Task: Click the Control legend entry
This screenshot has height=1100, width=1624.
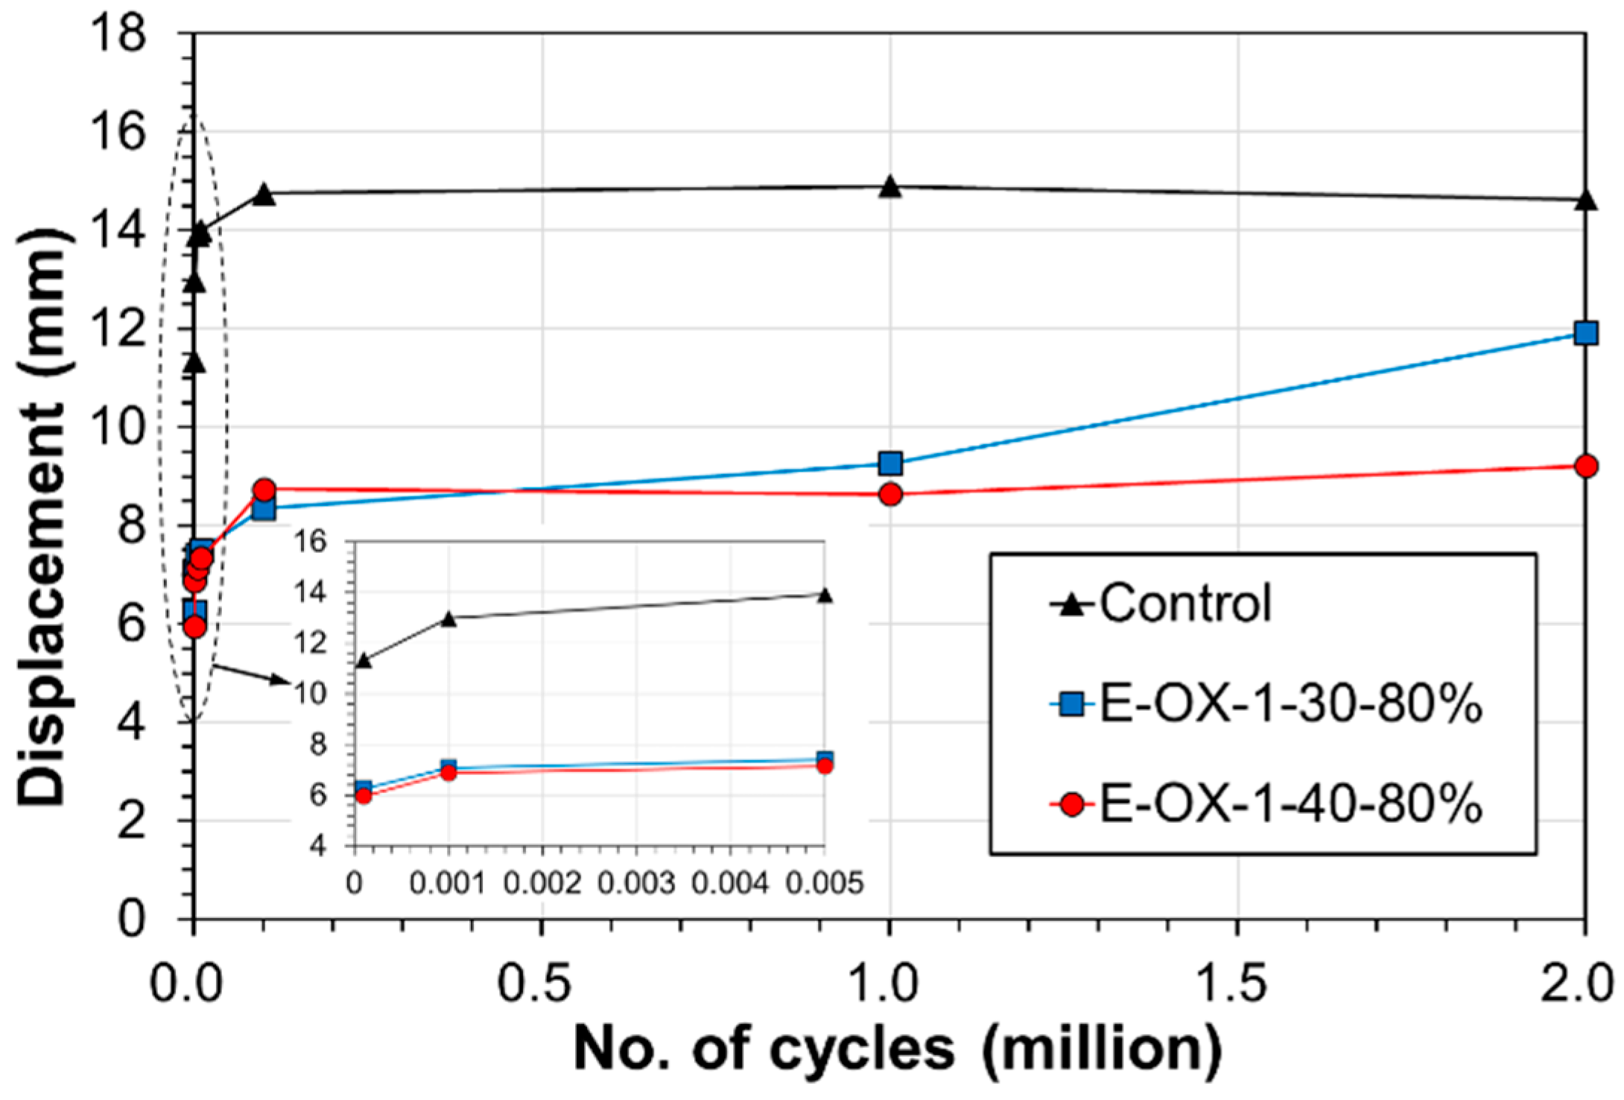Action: click(1184, 603)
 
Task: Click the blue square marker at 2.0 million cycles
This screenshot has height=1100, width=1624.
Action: click(1586, 332)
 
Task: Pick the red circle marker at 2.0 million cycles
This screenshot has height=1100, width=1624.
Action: click(1586, 466)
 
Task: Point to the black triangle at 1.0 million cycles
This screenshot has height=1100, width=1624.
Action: click(890, 187)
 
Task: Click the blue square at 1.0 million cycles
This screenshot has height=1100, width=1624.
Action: click(890, 464)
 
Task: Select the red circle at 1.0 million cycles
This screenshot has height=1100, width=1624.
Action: click(890, 493)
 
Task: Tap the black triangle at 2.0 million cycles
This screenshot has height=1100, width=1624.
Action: click(1586, 200)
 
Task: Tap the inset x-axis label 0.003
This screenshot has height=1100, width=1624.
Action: click(636, 883)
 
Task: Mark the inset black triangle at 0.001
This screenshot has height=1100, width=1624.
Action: click(448, 619)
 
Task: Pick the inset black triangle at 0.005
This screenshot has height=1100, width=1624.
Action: click(824, 595)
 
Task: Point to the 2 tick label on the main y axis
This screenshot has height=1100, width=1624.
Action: click(133, 821)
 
